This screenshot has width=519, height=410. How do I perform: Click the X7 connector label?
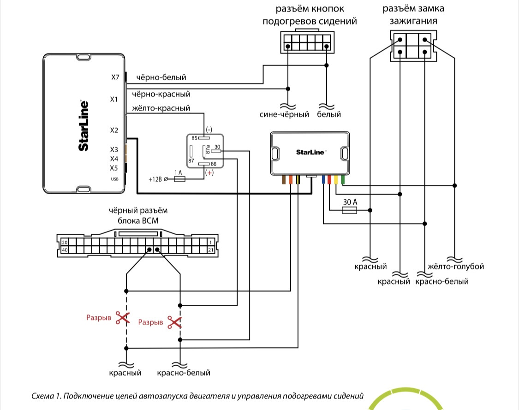[115, 77]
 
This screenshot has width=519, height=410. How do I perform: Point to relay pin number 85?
[195, 137]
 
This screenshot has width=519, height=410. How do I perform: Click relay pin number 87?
[191, 161]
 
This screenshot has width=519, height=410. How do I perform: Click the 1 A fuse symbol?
[179, 179]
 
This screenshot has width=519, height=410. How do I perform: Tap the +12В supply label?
[155, 179]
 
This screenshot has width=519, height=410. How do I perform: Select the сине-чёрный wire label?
[284, 114]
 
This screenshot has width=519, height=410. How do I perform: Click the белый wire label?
[329, 114]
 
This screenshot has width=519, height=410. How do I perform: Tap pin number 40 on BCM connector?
[65, 250]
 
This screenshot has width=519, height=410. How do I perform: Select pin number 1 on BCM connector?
[210, 242]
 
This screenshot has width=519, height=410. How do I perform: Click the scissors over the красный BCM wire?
[123, 318]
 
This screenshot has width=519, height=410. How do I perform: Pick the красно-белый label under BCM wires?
[184, 373]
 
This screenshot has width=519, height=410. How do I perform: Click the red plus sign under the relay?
[210, 173]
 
